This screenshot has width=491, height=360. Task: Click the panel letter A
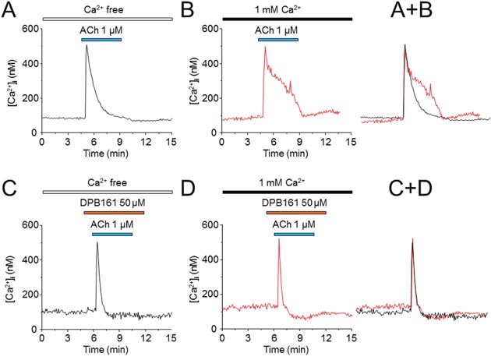10,10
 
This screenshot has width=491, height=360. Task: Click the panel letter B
187,10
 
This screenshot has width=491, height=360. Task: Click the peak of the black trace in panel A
86,45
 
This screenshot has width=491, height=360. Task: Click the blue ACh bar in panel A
101,39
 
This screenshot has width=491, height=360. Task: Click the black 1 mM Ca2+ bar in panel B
286,18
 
